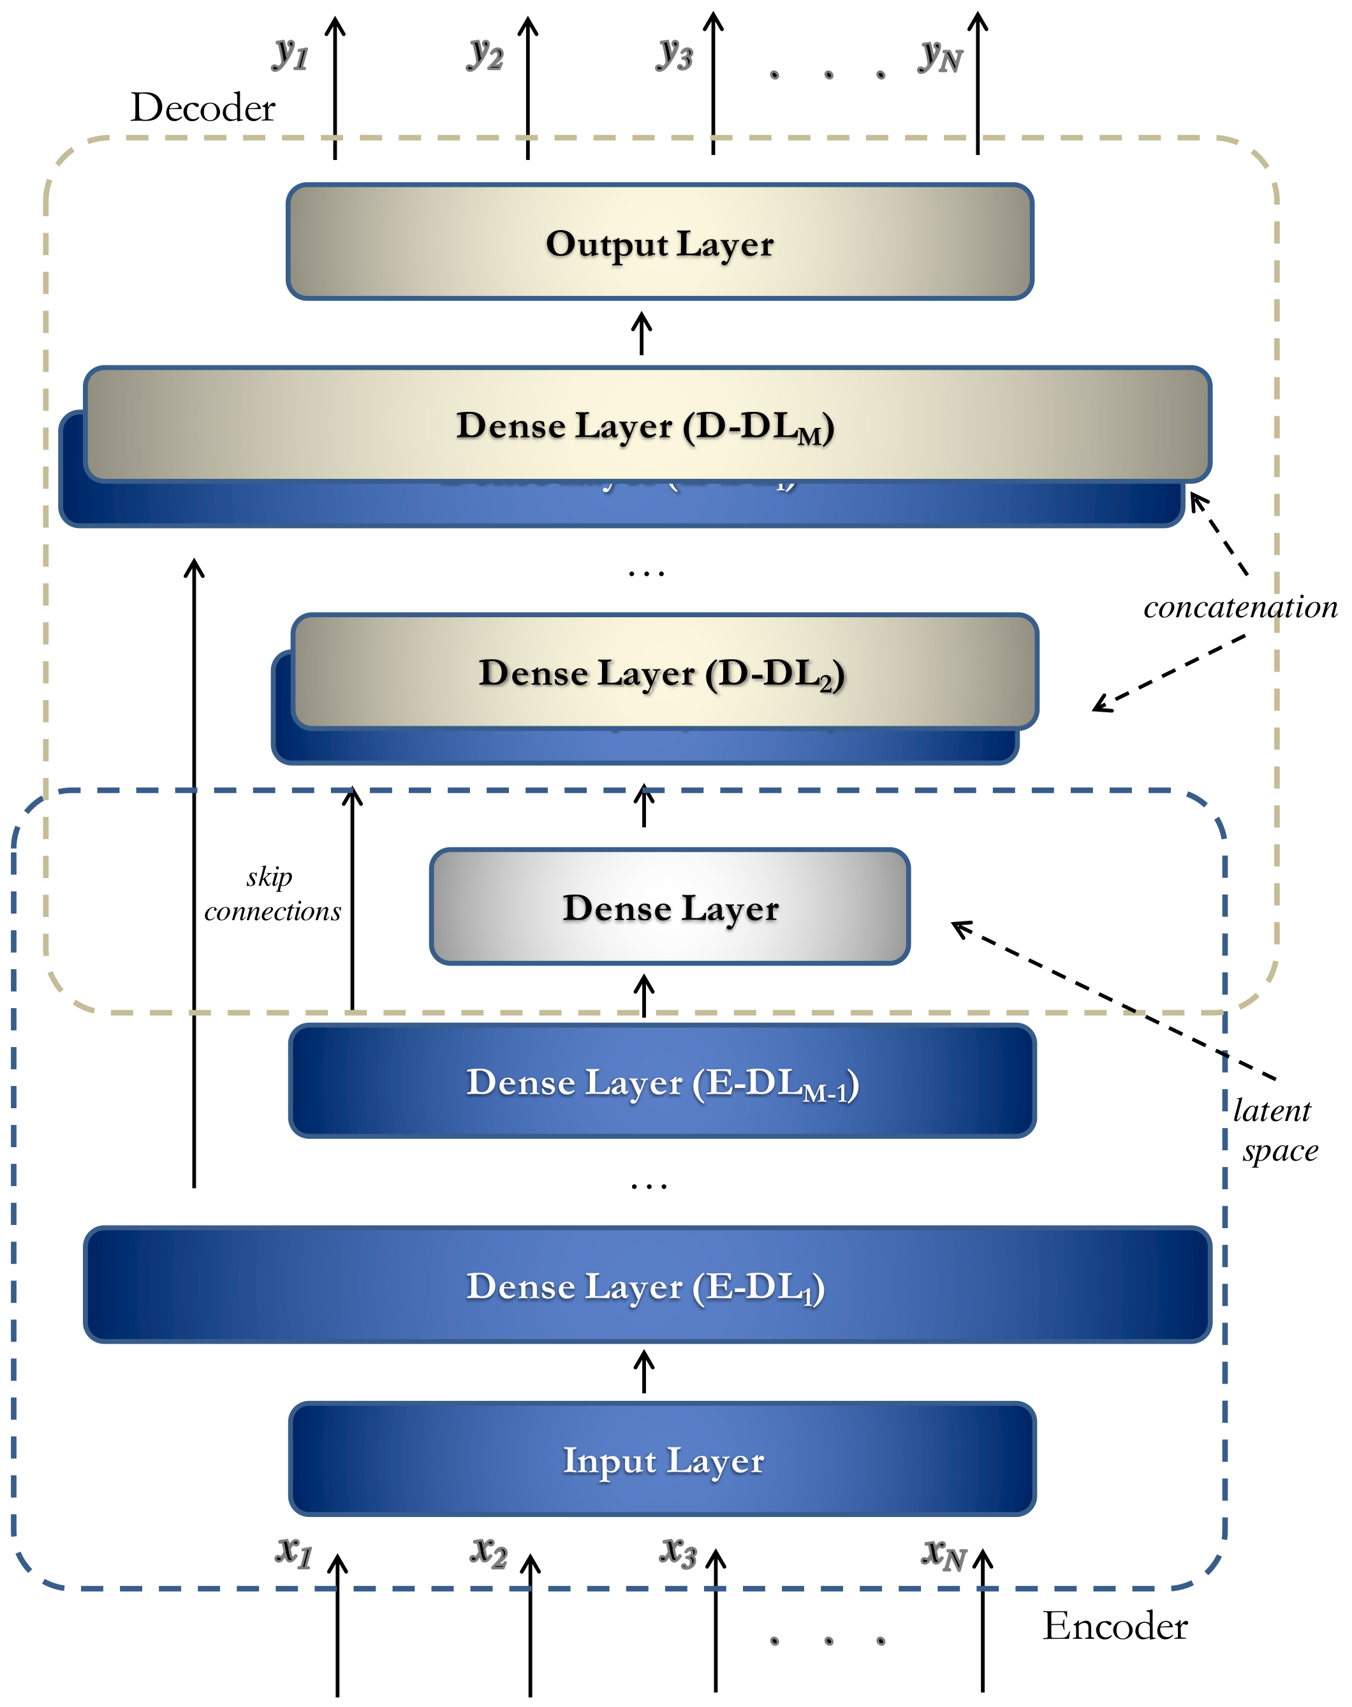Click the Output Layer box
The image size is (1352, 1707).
click(659, 242)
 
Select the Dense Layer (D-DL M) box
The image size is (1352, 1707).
click(647, 425)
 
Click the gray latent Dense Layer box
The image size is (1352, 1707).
click(670, 907)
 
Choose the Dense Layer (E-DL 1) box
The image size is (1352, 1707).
click(647, 1286)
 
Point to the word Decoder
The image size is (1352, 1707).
click(203, 108)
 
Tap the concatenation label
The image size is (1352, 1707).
click(1240, 607)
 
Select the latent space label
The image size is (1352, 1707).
click(1274, 1130)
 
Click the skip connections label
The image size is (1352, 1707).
click(272, 894)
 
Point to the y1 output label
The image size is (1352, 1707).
click(291, 54)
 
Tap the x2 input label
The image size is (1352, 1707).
click(489, 1551)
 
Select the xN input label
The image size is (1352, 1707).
click(942, 1553)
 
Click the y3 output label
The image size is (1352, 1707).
click(675, 54)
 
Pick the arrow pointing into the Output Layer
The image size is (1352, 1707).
click(641, 333)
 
